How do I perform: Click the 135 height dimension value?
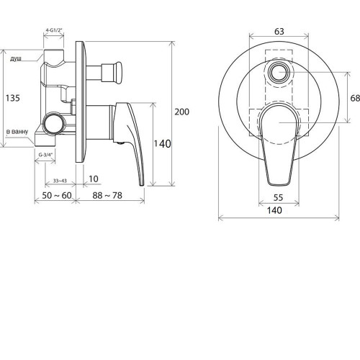(13, 98)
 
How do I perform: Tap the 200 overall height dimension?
(181, 112)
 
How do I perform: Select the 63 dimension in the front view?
(279, 32)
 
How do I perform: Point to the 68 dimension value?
(355, 98)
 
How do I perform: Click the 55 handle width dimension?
(278, 198)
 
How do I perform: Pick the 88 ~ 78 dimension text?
(107, 195)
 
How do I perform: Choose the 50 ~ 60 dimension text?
(57, 195)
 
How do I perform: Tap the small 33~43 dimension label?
(60, 181)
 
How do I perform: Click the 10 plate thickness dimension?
(94, 179)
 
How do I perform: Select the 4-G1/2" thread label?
(54, 30)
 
